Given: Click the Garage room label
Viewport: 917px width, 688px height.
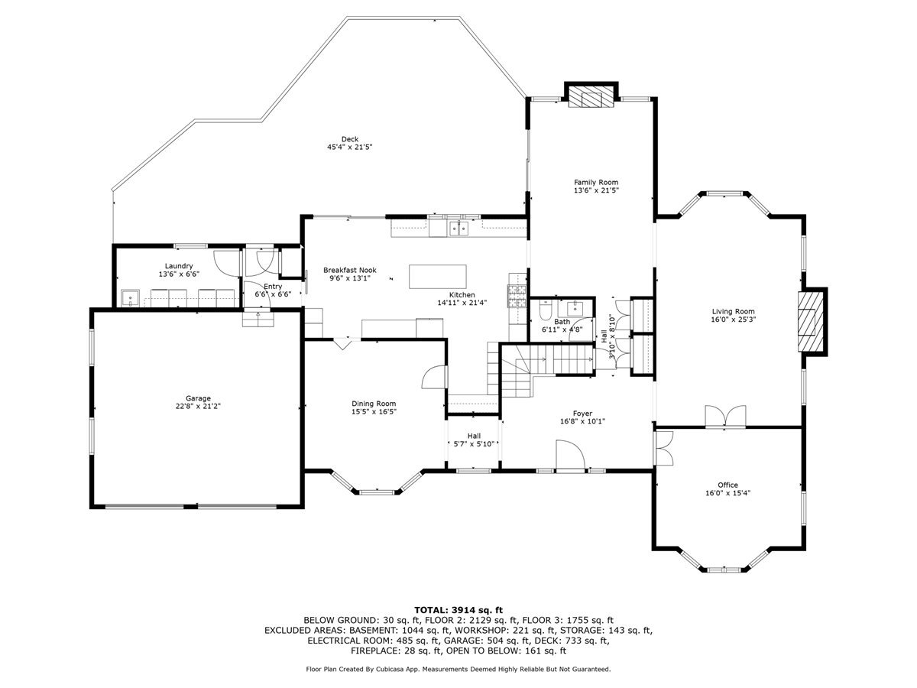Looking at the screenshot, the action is [198, 398].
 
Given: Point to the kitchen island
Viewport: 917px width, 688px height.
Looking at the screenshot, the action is [437, 277].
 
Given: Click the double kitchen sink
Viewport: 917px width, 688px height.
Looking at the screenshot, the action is [458, 229].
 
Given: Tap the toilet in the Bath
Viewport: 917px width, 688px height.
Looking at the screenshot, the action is [545, 310].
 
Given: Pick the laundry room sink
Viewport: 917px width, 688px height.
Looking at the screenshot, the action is [131, 299].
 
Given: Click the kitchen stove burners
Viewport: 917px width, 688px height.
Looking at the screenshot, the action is [517, 296].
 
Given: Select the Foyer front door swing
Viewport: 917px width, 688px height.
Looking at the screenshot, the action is [570, 455].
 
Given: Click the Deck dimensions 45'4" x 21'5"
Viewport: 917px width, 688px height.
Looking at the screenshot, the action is [350, 147].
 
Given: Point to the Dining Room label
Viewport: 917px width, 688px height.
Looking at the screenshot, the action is [374, 404].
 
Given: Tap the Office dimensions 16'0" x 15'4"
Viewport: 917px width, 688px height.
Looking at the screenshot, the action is [727, 493].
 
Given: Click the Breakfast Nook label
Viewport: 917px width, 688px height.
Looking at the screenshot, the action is [350, 271].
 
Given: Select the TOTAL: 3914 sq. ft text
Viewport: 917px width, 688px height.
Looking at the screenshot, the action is [458, 610].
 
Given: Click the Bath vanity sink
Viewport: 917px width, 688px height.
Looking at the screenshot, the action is [575, 308].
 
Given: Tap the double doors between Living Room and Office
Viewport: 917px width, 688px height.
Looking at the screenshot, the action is [725, 417].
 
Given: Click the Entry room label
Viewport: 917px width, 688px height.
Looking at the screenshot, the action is [273, 287].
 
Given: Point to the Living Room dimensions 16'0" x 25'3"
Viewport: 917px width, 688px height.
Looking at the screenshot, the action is [733, 320].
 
